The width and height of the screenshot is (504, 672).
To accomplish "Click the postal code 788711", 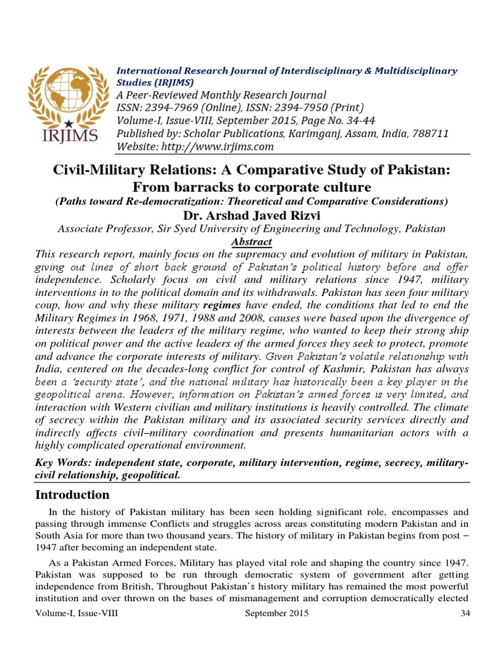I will tap(429, 133).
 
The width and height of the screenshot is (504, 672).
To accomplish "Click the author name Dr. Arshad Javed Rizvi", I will tap(251, 215).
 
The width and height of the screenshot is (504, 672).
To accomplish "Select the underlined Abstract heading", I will tap(251, 241).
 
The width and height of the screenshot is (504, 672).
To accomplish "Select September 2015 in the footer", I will tap(276, 614).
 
